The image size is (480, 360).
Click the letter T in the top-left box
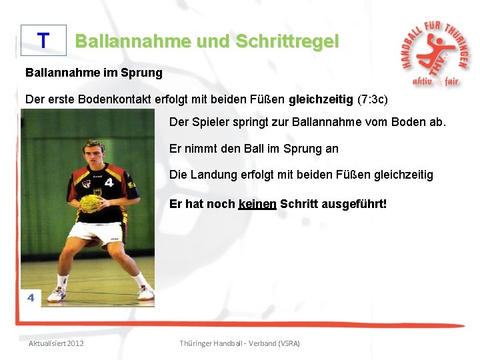[43, 41]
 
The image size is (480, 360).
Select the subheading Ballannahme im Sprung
[93, 72]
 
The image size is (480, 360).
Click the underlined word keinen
[257, 204]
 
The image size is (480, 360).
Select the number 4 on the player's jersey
[109, 181]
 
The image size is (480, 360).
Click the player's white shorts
[98, 233]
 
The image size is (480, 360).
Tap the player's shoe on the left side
[57, 294]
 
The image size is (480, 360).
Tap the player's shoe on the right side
[145, 292]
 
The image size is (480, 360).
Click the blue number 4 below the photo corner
[31, 298]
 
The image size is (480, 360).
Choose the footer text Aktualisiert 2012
[56, 343]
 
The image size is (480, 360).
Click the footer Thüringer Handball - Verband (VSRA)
[240, 343]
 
